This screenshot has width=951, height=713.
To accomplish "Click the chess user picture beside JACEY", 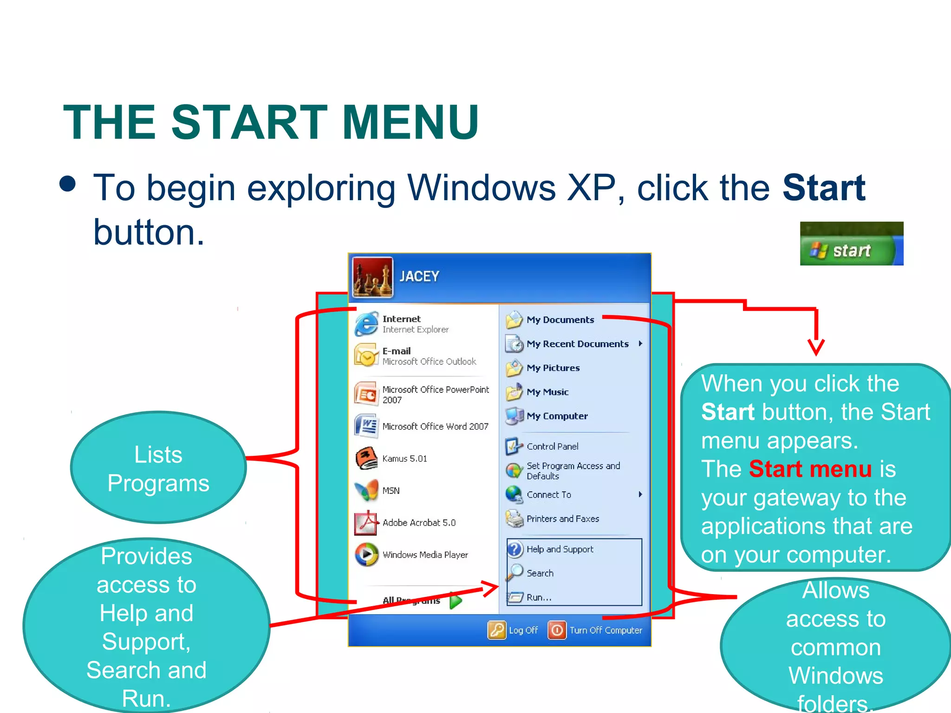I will point(372,277).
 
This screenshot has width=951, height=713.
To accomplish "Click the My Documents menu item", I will point(560,320).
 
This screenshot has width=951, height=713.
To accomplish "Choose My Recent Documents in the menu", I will point(577,344).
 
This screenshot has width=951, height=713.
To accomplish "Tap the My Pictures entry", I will point(553,368).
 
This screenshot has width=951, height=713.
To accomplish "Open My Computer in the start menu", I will point(557,416).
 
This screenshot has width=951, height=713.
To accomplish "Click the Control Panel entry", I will point(552,447).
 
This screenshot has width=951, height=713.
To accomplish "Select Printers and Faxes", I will point(562,519).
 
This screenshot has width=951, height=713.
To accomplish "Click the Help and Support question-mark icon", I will point(515,550).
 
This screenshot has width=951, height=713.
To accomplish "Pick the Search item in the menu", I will point(540,573).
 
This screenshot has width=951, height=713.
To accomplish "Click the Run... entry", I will point(539,597).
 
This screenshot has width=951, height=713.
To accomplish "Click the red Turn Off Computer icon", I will point(557,630).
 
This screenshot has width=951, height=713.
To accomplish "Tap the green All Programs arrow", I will point(456,601).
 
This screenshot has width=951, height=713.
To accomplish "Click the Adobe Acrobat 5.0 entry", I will point(418,523).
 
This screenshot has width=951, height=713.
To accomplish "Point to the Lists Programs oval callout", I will point(158,468).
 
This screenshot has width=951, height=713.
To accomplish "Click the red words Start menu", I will point(810,469).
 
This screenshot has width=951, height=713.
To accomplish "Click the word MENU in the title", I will point(410,122).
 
